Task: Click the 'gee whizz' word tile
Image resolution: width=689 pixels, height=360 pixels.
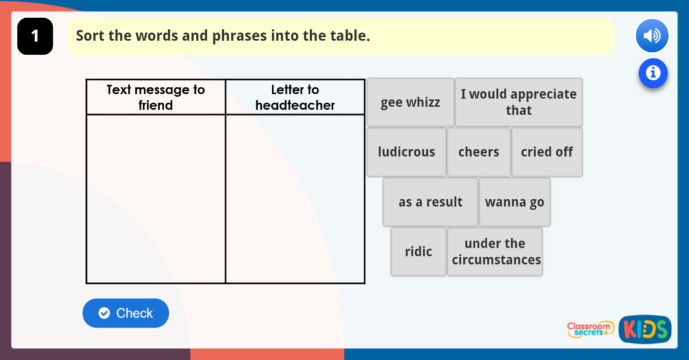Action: (x=410, y=102)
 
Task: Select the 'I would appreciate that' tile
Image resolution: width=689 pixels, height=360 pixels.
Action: (x=519, y=102)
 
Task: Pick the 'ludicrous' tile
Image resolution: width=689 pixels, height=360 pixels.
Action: (x=406, y=152)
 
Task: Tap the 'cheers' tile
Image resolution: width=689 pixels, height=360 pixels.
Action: (x=478, y=152)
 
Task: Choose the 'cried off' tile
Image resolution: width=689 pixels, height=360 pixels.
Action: (x=547, y=152)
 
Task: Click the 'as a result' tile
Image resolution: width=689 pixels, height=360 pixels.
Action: (x=430, y=202)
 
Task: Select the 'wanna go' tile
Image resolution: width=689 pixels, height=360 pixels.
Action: (x=515, y=202)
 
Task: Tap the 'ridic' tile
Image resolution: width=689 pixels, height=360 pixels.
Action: (x=419, y=252)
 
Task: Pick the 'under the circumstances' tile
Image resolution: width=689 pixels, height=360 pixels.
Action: (x=495, y=252)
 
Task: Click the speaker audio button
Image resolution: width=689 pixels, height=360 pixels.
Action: (x=652, y=36)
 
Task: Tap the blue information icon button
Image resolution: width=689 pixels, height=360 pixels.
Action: (x=653, y=73)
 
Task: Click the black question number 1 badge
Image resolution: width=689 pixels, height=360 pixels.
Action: (x=35, y=36)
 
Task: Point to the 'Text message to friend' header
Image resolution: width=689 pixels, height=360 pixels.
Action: (x=155, y=97)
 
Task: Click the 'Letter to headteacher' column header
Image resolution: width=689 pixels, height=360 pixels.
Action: (x=295, y=97)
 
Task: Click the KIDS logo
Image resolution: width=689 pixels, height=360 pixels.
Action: (x=645, y=329)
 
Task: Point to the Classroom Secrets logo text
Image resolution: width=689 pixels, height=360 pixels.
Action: (x=589, y=329)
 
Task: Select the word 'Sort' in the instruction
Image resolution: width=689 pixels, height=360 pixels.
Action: (x=90, y=35)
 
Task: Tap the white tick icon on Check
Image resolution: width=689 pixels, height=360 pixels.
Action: (x=104, y=313)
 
